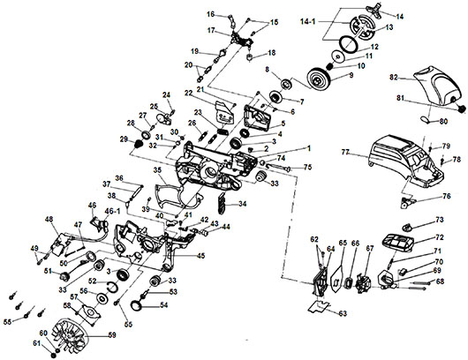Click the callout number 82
(x=394, y=78)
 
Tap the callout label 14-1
(x=307, y=21)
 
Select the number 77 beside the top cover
(x=345, y=153)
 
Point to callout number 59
(x=112, y=334)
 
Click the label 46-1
(x=112, y=211)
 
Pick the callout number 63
(x=343, y=313)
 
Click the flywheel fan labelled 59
(x=71, y=335)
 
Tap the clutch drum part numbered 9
(x=320, y=79)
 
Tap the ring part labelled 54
(x=137, y=304)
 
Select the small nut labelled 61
(x=54, y=355)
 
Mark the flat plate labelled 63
(x=319, y=305)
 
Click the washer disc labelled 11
(x=338, y=56)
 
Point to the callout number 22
(x=189, y=93)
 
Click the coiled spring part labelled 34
(x=221, y=203)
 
